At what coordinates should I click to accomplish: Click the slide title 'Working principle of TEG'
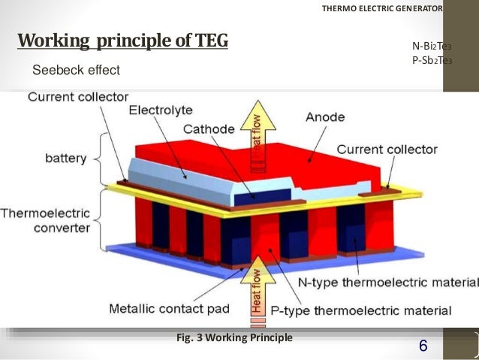point(122,40)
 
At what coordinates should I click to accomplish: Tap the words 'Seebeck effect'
point(76,71)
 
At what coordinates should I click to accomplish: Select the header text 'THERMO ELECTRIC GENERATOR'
point(382,9)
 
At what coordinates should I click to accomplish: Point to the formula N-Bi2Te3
point(432,46)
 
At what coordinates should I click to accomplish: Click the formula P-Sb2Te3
point(432,60)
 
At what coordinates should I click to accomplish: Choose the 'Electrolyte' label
point(161,110)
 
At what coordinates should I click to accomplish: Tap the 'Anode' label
point(324,117)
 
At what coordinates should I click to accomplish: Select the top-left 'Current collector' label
point(78,96)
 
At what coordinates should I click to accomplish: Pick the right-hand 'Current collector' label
point(387,150)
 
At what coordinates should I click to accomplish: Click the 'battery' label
point(65,159)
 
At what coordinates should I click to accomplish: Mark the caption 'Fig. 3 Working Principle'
point(234,337)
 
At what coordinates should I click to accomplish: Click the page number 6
point(423,346)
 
